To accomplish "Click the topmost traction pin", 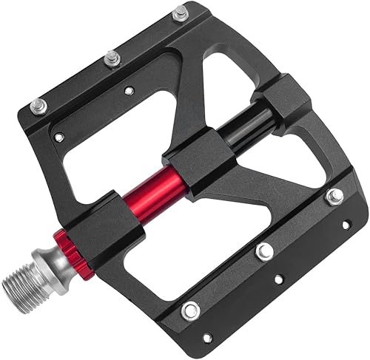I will [180, 13].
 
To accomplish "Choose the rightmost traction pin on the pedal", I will [334, 196].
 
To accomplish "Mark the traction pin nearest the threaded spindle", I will [190, 311].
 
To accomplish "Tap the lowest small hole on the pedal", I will [207, 338].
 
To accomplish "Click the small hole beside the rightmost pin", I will [345, 224].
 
